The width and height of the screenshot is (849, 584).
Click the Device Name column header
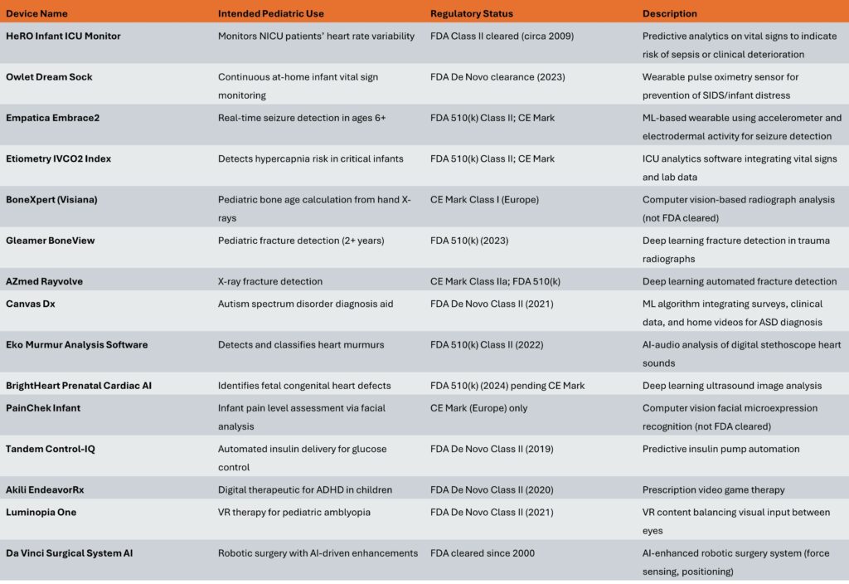[x=36, y=13]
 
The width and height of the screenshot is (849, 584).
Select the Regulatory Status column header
[x=471, y=13]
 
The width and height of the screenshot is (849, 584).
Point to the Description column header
[x=669, y=13]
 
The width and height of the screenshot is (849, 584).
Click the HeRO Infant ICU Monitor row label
[x=64, y=36]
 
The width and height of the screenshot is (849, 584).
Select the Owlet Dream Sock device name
[x=49, y=76]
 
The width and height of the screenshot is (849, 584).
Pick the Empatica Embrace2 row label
[x=53, y=118]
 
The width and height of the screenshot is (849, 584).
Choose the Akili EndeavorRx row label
[x=45, y=489]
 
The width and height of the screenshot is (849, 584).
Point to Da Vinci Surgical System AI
[x=69, y=552]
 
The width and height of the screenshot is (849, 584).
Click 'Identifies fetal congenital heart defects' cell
[x=304, y=385]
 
